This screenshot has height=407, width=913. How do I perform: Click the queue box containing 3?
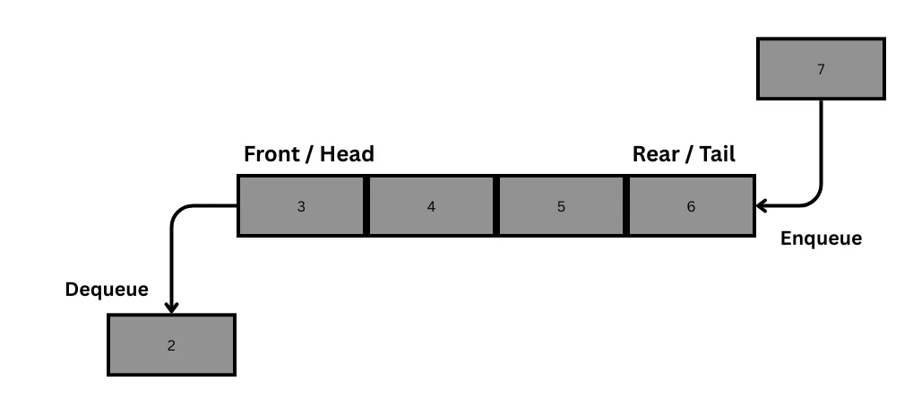tap(302, 205)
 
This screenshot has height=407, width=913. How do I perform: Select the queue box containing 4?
tap(432, 205)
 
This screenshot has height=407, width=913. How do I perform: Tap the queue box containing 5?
tap(561, 205)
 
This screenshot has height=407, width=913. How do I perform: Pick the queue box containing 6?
tap(691, 205)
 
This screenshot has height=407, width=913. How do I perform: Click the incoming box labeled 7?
tap(821, 69)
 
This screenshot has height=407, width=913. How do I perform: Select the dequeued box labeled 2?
tap(171, 345)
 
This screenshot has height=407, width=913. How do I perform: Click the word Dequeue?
tap(107, 290)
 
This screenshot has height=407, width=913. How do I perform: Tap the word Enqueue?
tap(821, 238)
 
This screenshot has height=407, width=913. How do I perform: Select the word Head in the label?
tap(347, 154)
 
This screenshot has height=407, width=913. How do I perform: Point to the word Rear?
tap(656, 154)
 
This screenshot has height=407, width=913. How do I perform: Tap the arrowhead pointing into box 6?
tap(761, 205)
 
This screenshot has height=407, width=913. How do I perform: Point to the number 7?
tap(821, 69)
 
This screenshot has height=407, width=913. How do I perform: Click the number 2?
tap(171, 345)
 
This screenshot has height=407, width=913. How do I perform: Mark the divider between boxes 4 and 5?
tap(496, 205)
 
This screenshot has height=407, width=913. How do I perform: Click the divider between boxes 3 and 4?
tap(366, 205)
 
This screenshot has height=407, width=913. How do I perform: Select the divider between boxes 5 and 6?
tap(626, 205)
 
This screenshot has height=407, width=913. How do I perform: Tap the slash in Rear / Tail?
tap(688, 155)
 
